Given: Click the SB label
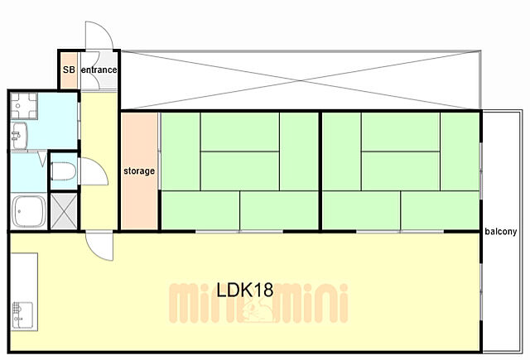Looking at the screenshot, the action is (69, 70).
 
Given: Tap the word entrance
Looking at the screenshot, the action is (99, 70).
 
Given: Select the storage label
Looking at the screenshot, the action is (139, 170).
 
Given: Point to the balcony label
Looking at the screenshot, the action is (500, 232).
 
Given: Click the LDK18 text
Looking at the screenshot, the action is (245, 290).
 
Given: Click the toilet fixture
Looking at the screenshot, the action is (63, 170).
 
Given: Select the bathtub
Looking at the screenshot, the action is (29, 211).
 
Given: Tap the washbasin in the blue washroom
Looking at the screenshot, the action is (19, 136).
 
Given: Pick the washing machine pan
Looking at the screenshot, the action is (24, 106).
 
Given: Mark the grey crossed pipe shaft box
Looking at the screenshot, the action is (64, 211).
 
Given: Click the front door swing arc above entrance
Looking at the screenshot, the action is (99, 35).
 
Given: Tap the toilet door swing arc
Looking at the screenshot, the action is (94, 171).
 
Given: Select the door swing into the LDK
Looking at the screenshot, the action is (99, 246).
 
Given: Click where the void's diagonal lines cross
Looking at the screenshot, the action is (301, 81).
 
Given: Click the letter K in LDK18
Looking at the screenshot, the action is (248, 290).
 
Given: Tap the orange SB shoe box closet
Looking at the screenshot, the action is (69, 70).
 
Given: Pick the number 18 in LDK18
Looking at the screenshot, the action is (264, 290).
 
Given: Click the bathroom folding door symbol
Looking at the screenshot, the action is (42, 159).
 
